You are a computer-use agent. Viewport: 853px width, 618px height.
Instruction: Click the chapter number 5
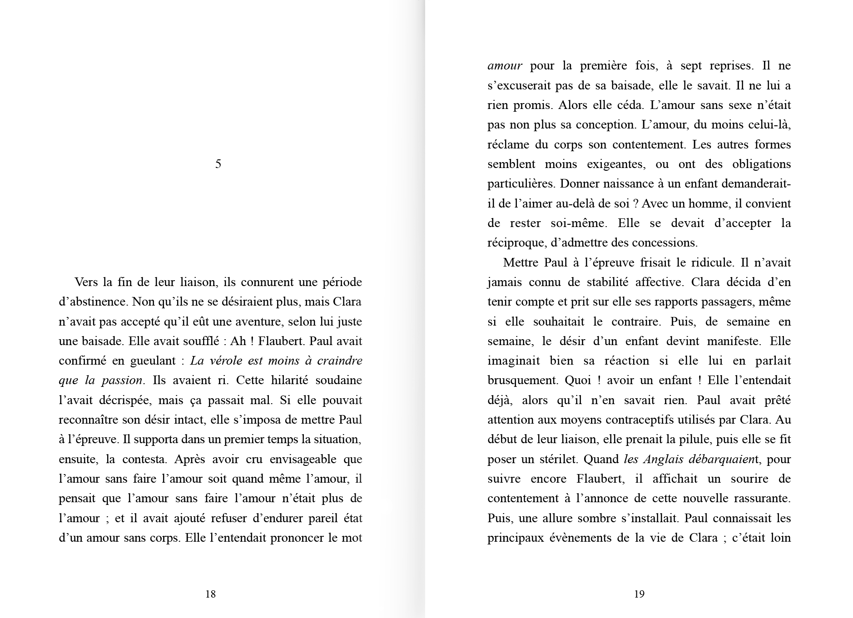pos(218,164)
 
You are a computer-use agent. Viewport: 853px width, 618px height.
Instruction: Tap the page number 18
pos(210,594)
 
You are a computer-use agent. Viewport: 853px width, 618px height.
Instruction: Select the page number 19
pos(639,594)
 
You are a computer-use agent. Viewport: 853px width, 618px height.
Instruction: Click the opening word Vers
pos(86,282)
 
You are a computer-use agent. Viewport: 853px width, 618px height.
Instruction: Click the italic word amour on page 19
pos(505,66)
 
